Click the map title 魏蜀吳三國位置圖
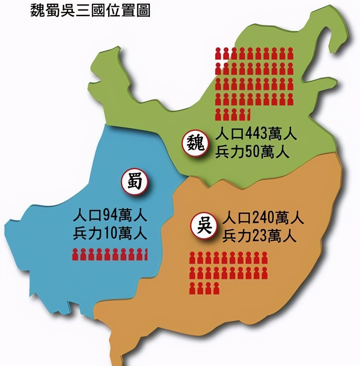(x=90, y=11)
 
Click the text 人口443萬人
(x=256, y=136)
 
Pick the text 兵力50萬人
(x=252, y=152)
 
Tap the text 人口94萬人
(x=110, y=217)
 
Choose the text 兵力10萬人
(x=110, y=234)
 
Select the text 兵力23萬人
(x=259, y=236)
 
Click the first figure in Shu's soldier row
(x=75, y=254)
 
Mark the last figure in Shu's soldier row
(x=145, y=254)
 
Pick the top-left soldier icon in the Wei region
(x=218, y=53)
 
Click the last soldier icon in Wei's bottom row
(x=248, y=114)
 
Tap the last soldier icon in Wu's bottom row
(x=216, y=288)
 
